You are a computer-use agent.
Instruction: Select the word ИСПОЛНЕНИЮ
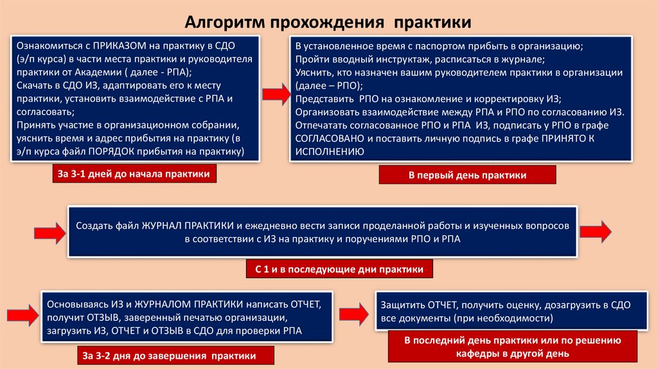330,152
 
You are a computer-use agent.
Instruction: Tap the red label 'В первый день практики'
467,175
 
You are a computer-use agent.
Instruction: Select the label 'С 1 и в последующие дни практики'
339,269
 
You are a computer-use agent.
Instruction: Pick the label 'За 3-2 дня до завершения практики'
178,355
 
